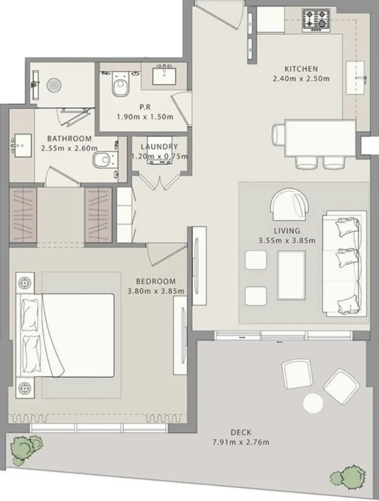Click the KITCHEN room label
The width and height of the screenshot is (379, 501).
pos(301,69)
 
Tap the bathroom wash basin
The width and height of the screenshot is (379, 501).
pos(22,145)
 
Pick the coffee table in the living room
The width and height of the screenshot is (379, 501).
pos(291,275)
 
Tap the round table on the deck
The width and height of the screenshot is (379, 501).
pos(313,403)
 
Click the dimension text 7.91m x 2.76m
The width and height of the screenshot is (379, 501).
pos(241,442)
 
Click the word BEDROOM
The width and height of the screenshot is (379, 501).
pos(156,281)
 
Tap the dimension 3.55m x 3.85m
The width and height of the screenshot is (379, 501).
pos(287,240)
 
